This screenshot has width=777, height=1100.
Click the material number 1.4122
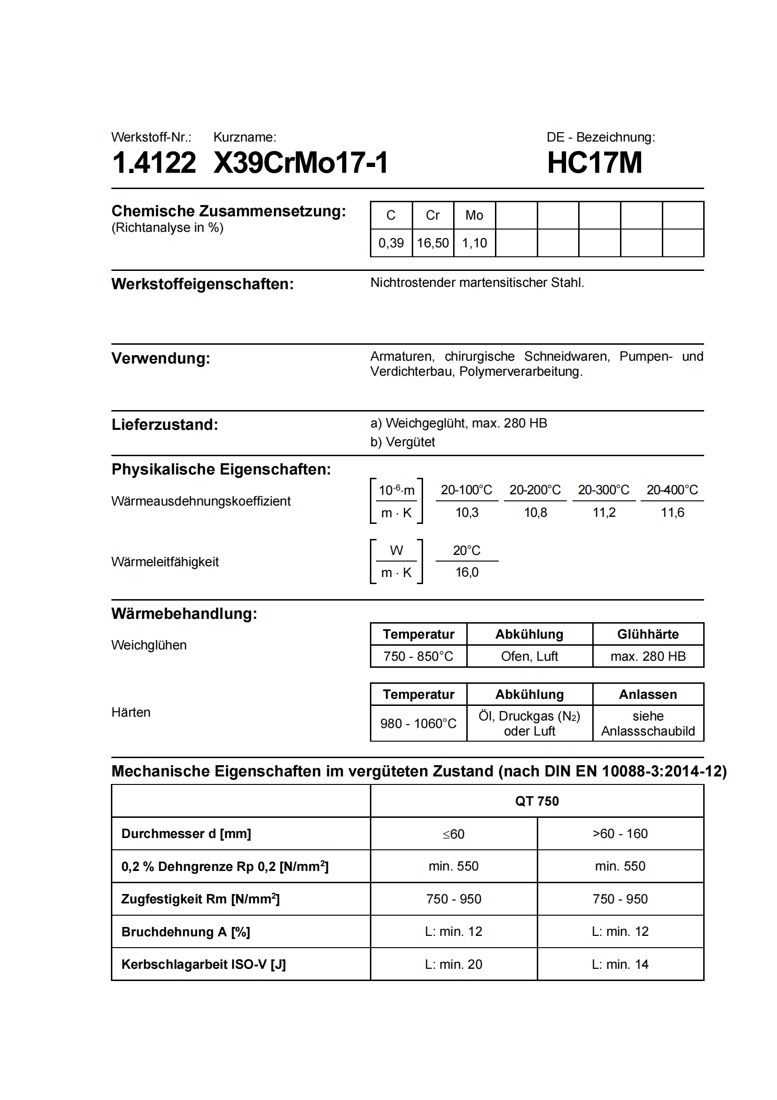pyautogui.click(x=154, y=163)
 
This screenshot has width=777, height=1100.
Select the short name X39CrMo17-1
pyautogui.click(x=301, y=163)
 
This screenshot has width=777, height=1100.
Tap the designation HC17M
pyautogui.click(x=594, y=163)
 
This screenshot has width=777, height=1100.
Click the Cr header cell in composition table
pyautogui.click(x=432, y=215)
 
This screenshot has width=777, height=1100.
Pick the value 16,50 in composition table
pyautogui.click(x=432, y=243)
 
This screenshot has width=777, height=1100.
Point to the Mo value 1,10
pyautogui.click(x=474, y=243)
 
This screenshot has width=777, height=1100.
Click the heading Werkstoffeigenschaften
pyautogui.click(x=203, y=284)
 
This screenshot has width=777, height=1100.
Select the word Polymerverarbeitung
pyautogui.click(x=520, y=372)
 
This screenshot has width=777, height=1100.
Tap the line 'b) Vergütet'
pyautogui.click(x=402, y=442)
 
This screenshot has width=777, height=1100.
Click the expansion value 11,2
pyautogui.click(x=604, y=513)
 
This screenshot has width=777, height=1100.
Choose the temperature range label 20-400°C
pyautogui.click(x=672, y=490)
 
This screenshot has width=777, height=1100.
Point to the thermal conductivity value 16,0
pyautogui.click(x=467, y=572)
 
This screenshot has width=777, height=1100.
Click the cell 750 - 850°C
pyautogui.click(x=418, y=656)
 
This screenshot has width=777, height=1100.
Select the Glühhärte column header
pyautogui.click(x=648, y=634)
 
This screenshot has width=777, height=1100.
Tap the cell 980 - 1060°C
pyautogui.click(x=418, y=723)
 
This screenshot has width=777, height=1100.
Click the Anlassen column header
pyautogui.click(x=648, y=694)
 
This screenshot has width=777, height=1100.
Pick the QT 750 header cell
pyautogui.click(x=537, y=801)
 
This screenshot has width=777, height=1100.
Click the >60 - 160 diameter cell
pyautogui.click(x=620, y=834)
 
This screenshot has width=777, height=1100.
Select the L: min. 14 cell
pyautogui.click(x=620, y=964)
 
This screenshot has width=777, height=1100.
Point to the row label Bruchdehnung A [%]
pyautogui.click(x=186, y=932)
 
